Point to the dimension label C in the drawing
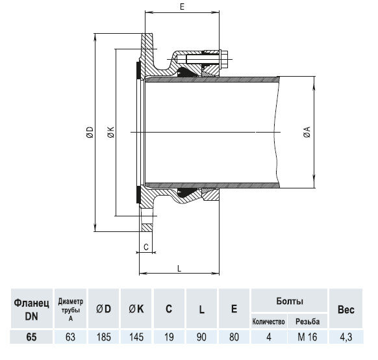coord(146,247)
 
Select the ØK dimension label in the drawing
coord(110,133)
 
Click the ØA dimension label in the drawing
coord(305,133)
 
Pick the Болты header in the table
coord(289,302)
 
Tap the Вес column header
coord(346,310)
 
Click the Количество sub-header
coord(268,322)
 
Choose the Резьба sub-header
coord(308,322)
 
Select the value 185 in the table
coord(104,337)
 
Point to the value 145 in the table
coord(136,337)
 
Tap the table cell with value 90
coord(202,337)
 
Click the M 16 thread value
coord(308,337)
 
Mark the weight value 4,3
coord(346,337)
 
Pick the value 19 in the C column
coord(169,337)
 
